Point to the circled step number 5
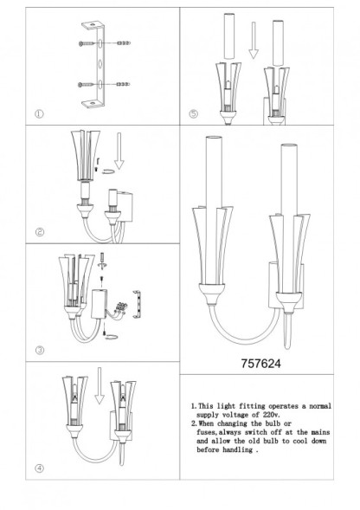tap(193, 113)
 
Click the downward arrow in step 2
tap(120, 158)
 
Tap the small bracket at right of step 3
tap(133, 304)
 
